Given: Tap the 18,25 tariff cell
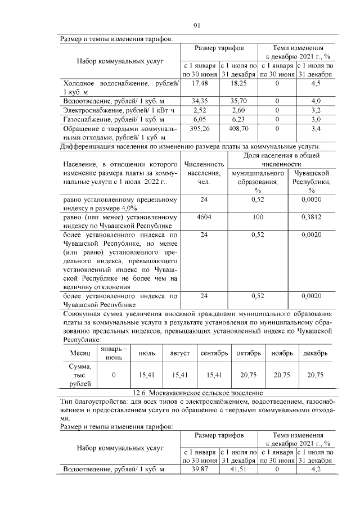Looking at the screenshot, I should (238, 83).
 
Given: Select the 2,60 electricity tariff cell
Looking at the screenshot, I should (238, 110).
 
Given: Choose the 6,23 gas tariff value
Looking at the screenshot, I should (238, 119).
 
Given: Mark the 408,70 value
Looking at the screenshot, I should (238, 129).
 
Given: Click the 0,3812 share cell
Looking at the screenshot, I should (311, 217).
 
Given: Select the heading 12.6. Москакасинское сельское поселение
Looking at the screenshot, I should (197, 393).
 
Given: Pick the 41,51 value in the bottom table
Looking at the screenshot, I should (238, 469).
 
